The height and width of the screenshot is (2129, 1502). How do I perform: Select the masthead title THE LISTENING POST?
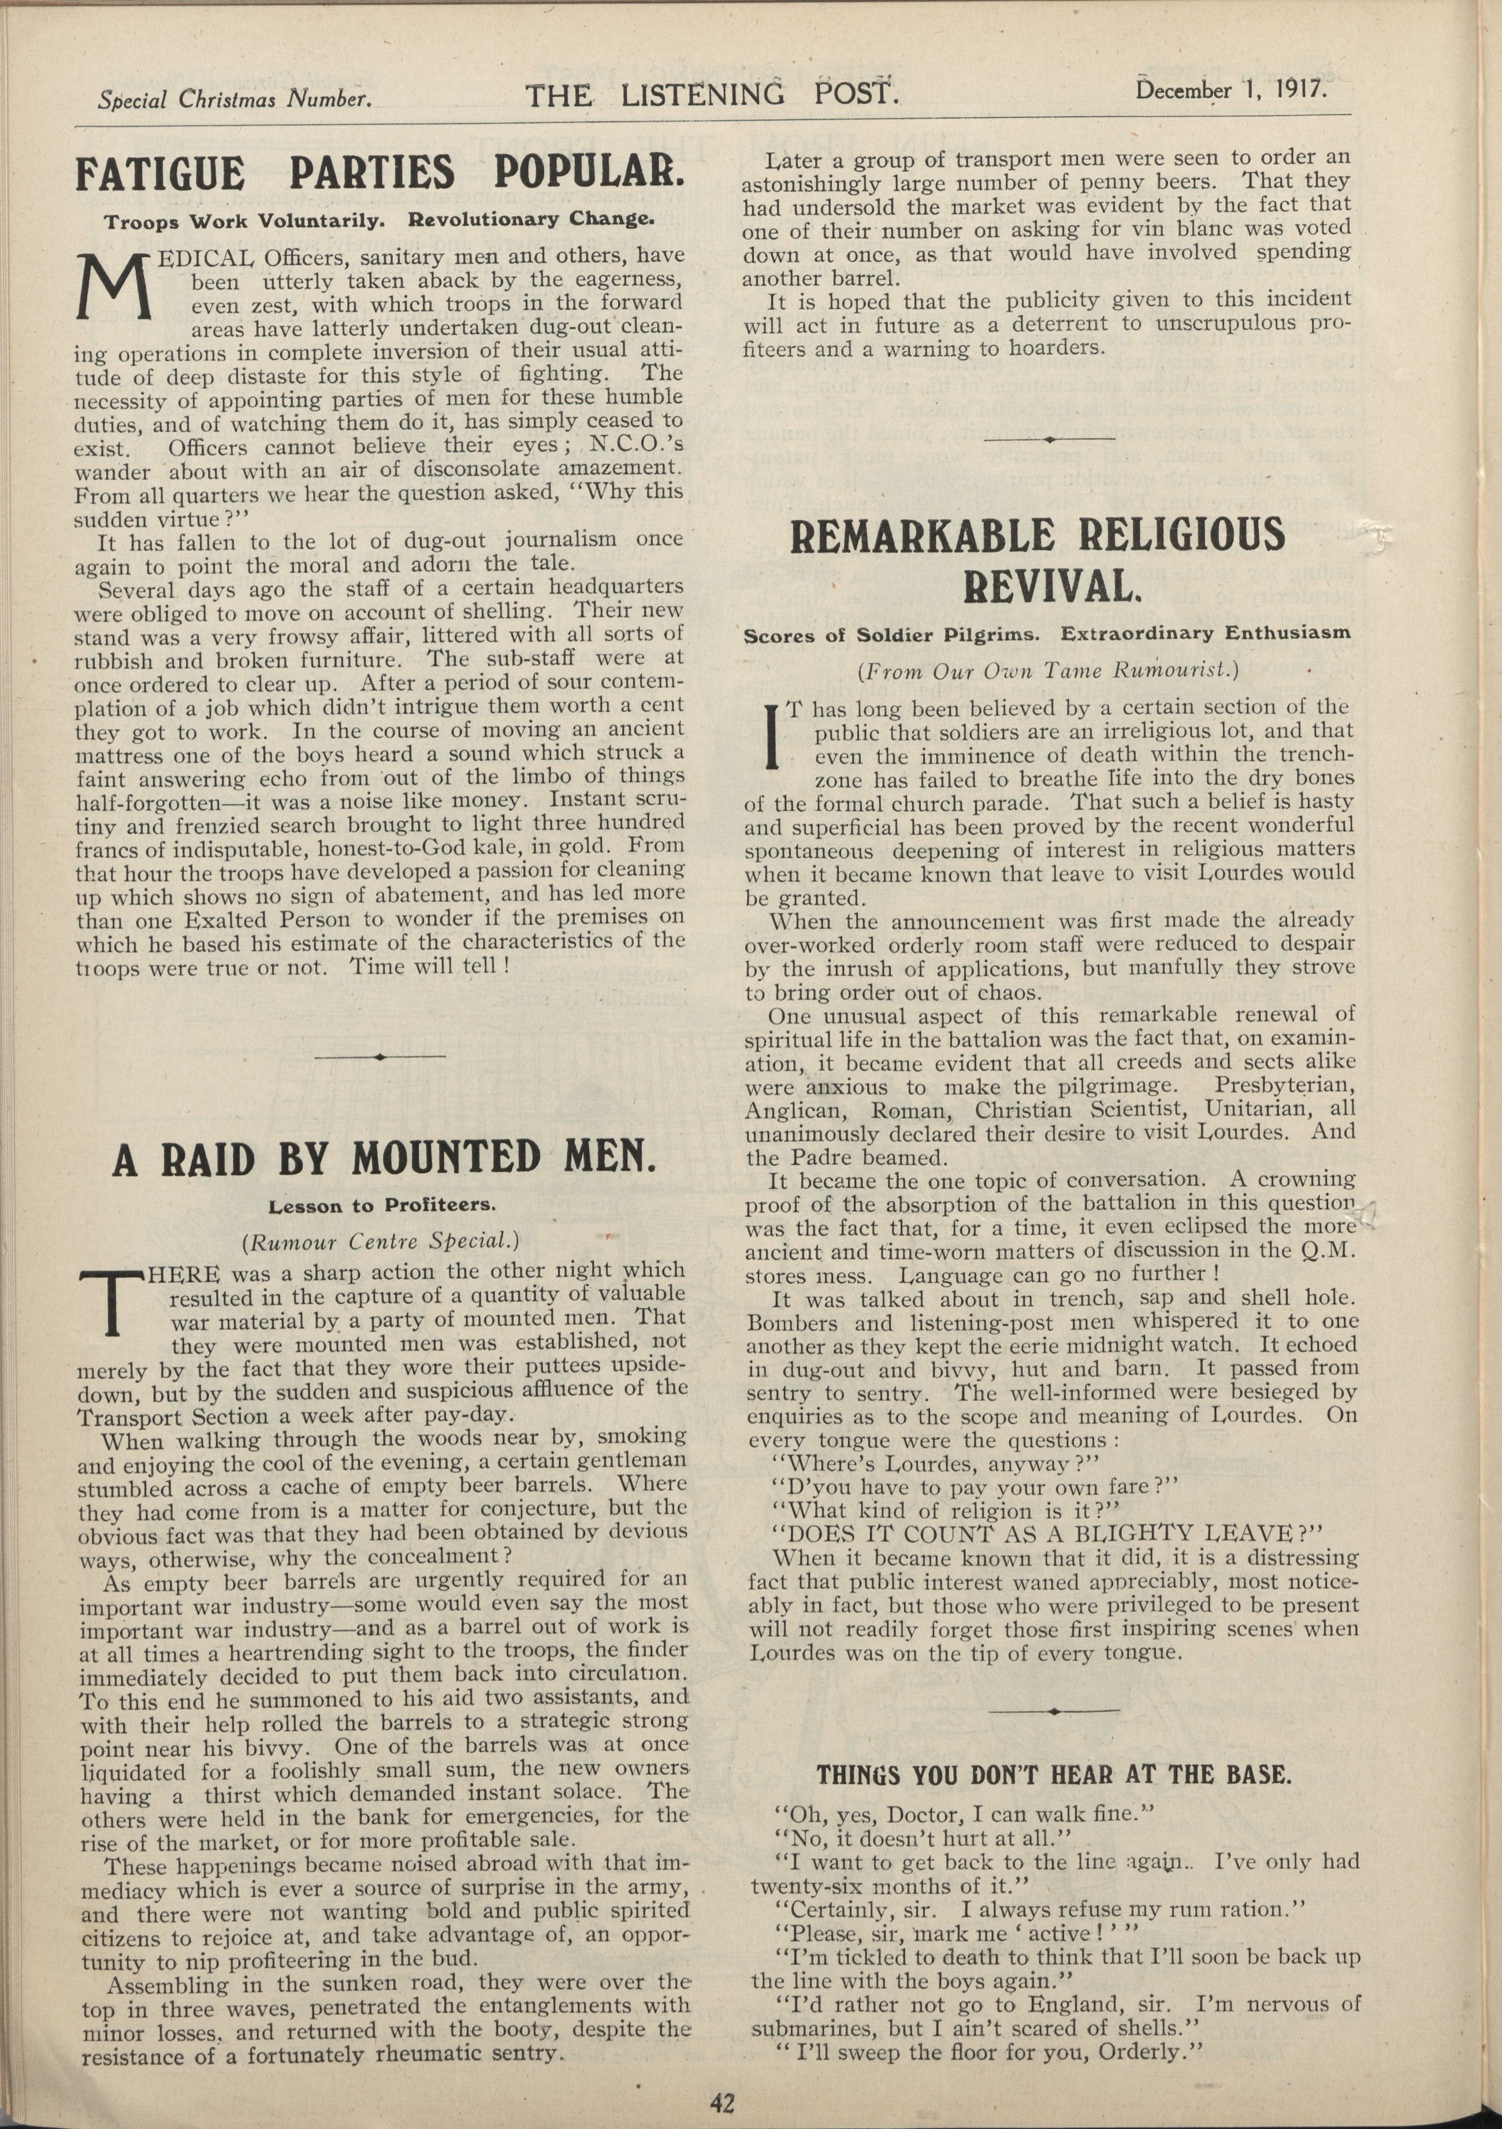[x=712, y=95]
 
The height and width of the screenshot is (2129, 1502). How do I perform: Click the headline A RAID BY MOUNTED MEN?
[x=384, y=1159]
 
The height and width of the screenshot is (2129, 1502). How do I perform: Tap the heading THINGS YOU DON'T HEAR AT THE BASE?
[x=1053, y=1776]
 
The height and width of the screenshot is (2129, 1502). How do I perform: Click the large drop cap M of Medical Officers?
[x=115, y=287]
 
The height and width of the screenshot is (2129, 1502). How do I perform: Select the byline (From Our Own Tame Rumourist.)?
[x=1049, y=669]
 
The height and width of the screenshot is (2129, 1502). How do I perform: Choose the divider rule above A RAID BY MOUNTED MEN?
[x=380, y=1056]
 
